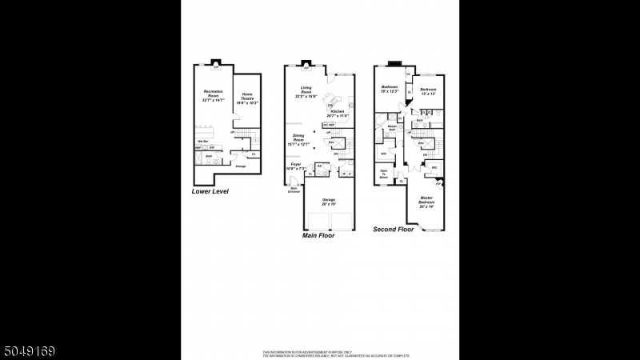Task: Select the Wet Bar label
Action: point(203,142)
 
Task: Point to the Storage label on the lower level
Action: point(241,166)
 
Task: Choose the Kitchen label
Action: point(338,113)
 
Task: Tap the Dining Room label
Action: point(298,141)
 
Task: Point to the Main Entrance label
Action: point(294,190)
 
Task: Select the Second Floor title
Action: point(394,230)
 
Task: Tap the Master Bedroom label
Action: point(426,202)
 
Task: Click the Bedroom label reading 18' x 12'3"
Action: point(390,89)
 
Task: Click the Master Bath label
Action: point(392,127)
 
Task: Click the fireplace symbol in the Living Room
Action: point(306,67)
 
